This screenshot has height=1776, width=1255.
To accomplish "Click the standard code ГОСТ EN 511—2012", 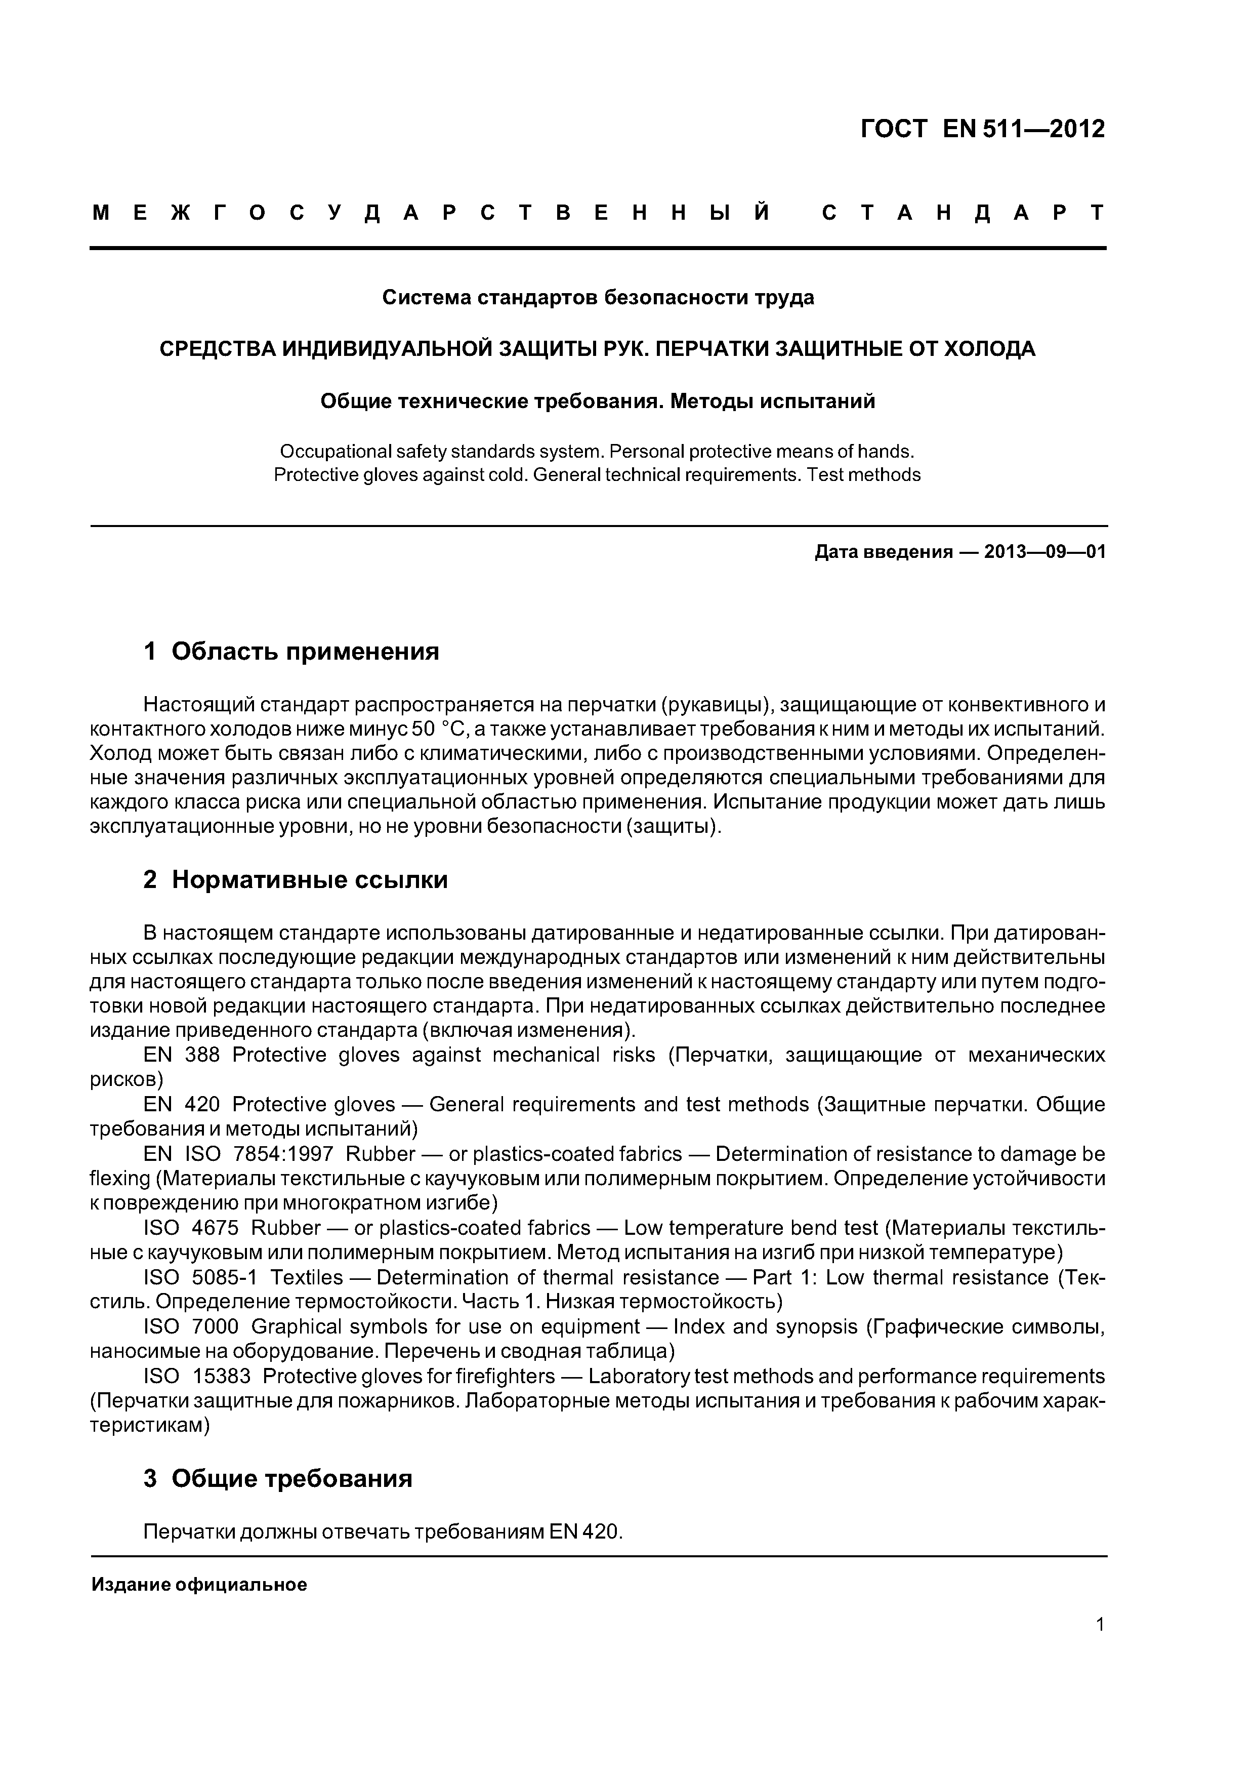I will point(982,129).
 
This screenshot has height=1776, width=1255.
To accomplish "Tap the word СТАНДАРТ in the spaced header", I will point(963,213).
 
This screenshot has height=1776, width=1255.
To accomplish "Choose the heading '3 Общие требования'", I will point(278,1478).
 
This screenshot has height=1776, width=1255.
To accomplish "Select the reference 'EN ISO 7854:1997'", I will point(238,1154).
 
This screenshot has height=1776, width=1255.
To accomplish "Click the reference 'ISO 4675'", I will point(191,1228).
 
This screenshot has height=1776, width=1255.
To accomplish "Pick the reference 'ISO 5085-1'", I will point(199,1277).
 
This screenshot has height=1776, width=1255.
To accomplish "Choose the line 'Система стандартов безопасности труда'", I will point(598,297).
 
